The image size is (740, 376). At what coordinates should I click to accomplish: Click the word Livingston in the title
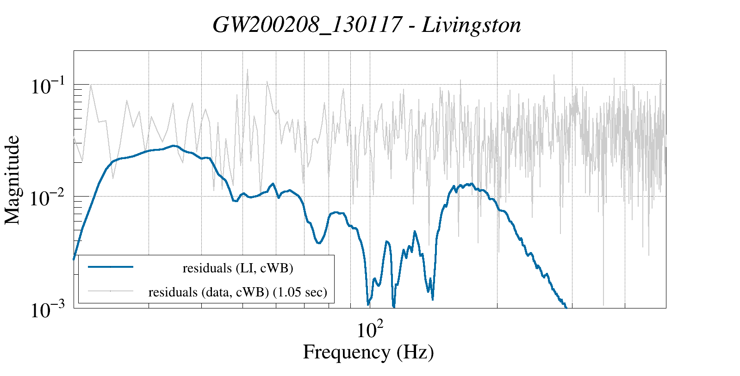coord(471,25)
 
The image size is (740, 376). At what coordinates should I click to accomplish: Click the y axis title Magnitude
coord(12,180)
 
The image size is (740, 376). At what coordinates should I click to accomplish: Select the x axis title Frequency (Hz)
coord(368,352)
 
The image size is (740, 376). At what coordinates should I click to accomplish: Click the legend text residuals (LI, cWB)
coord(238,268)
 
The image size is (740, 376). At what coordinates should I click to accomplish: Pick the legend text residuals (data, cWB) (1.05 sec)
coord(238,292)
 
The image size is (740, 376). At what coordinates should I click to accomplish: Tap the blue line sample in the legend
coord(111,267)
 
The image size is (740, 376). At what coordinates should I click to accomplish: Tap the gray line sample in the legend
coord(111,291)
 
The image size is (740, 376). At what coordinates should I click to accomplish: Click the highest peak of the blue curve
coord(174,146)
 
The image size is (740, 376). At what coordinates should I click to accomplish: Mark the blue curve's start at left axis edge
coord(74,259)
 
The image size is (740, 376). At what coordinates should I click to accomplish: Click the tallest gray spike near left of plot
coord(248,70)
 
